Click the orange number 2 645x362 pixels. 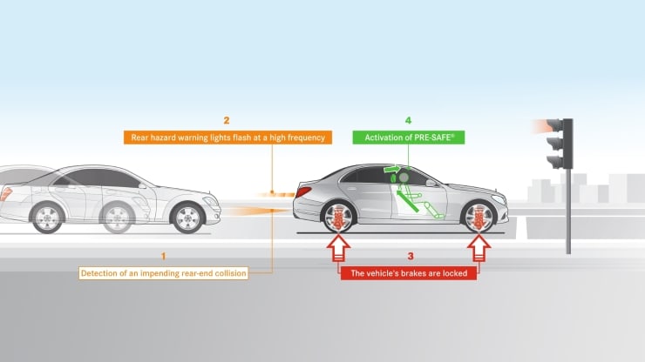pos(226,120)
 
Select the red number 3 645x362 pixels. pos(409,256)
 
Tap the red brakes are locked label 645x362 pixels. pos(409,273)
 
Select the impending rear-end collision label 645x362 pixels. pos(163,273)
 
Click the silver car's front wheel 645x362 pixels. pos(479,217)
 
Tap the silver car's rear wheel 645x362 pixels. pos(339,217)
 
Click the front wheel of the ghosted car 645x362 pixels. pos(187,217)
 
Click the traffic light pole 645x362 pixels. pos(568,209)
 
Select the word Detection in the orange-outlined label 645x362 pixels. pos(101,273)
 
